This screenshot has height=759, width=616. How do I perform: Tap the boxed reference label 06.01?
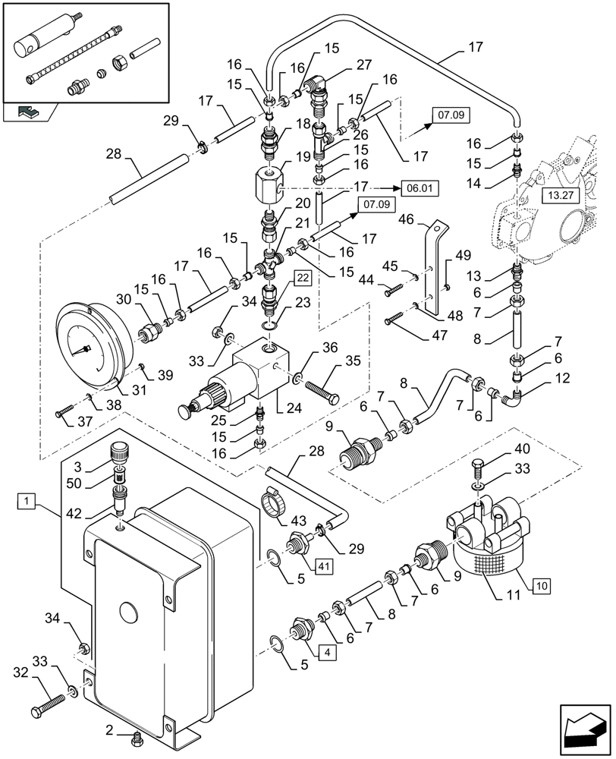click(421, 187)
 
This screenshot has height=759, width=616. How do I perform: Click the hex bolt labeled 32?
click(45, 707)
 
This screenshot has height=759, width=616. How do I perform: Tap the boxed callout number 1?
click(27, 500)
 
